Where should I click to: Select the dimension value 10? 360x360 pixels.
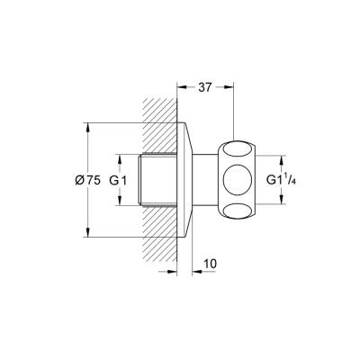point(210,265)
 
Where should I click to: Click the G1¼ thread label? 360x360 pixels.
point(279,179)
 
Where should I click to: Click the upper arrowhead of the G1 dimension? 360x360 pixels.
point(120,159)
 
